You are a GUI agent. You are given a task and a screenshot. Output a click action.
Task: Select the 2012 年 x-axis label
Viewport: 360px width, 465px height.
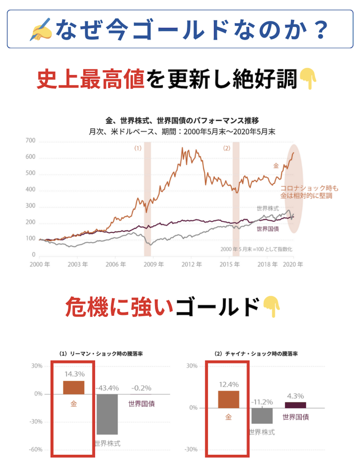click(x=193, y=265)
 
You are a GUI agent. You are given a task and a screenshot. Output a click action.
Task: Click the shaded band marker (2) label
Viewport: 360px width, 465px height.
click(x=227, y=148)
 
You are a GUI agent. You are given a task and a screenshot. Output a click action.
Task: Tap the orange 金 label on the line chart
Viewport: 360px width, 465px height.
click(x=276, y=165)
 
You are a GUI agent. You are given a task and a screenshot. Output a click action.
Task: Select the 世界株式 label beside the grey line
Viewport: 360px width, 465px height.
click(x=267, y=208)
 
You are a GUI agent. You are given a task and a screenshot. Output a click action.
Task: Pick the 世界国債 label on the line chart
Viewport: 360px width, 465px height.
click(x=268, y=229)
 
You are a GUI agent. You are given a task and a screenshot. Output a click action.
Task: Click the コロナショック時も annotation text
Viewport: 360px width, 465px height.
click(x=309, y=189)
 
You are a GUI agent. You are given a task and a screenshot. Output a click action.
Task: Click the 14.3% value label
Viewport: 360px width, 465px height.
click(x=74, y=374)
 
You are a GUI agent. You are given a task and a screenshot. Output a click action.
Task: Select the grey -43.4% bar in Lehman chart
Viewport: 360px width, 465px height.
click(x=107, y=414)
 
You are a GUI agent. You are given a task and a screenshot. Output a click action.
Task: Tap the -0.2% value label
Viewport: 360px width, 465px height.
click(x=141, y=388)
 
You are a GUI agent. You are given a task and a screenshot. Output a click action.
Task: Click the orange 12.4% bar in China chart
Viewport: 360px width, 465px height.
click(x=228, y=399)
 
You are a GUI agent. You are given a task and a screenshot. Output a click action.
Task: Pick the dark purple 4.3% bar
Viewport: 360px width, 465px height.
click(x=295, y=405)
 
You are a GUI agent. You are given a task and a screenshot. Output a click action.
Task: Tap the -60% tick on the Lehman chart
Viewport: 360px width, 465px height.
click(x=37, y=449)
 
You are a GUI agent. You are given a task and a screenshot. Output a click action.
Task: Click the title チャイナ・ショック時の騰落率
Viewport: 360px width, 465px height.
click(x=256, y=354)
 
